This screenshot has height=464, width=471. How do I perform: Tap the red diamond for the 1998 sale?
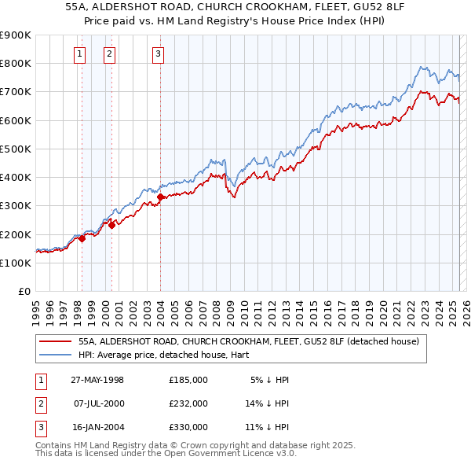82,239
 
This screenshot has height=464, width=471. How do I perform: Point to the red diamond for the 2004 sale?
160,197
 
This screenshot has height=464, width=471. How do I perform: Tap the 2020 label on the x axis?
382,307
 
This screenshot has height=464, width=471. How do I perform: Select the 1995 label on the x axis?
35,307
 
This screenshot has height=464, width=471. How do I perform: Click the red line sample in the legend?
56,342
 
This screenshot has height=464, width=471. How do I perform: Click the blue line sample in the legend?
56,355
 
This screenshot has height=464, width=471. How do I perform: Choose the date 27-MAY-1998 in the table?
97,380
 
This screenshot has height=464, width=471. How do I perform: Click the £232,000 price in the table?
188,403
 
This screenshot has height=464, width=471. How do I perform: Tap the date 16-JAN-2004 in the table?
97,427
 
